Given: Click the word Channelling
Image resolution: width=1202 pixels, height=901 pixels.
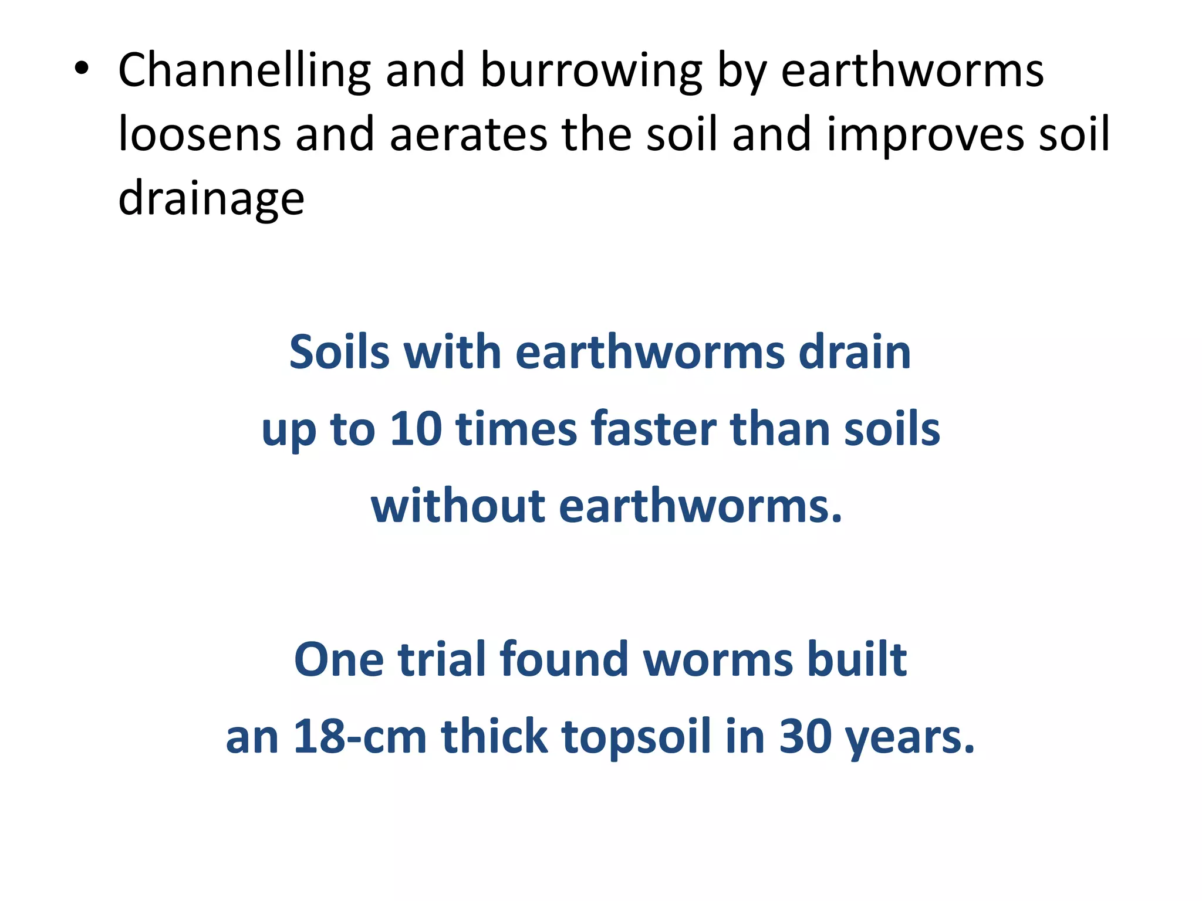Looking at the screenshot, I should (244, 71).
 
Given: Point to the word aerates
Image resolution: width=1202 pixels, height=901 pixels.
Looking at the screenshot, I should (468, 135).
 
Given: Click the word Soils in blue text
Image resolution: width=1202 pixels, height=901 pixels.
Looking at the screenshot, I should (339, 353).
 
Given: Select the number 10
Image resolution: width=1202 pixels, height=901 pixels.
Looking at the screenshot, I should (416, 429).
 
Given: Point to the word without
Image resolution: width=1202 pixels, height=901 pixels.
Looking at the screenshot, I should (458, 506).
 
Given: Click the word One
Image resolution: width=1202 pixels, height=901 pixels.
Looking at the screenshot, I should (339, 660).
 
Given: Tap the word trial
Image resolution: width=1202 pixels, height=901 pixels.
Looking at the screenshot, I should (442, 660).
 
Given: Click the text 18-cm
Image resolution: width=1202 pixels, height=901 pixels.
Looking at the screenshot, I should (359, 737).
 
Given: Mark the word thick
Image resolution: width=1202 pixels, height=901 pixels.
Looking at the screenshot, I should (494, 737).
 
